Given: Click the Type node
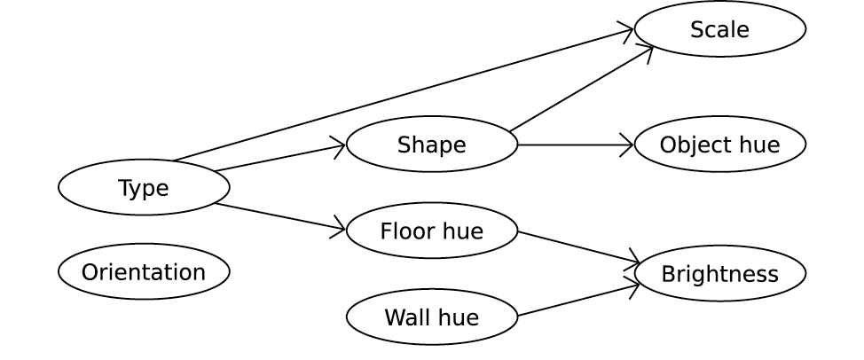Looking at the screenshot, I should [x=144, y=187].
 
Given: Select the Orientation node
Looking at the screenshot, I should [x=144, y=271].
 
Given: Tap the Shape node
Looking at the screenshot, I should [x=431, y=145].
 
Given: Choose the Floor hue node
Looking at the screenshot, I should [x=431, y=231].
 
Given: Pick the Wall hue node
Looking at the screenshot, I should [x=431, y=317].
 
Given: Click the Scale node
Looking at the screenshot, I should [x=719, y=29].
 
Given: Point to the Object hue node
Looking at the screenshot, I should [x=719, y=145].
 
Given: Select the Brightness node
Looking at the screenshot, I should [x=719, y=273].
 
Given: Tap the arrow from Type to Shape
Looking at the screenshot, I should [x=279, y=158].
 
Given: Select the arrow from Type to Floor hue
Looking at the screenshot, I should [x=279, y=217].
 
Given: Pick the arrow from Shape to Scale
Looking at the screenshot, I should [x=581, y=89].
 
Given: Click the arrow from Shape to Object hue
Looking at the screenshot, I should [x=576, y=145].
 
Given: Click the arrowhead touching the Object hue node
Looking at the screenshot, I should [x=627, y=145].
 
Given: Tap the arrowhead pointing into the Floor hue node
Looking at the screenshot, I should [x=339, y=230].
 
